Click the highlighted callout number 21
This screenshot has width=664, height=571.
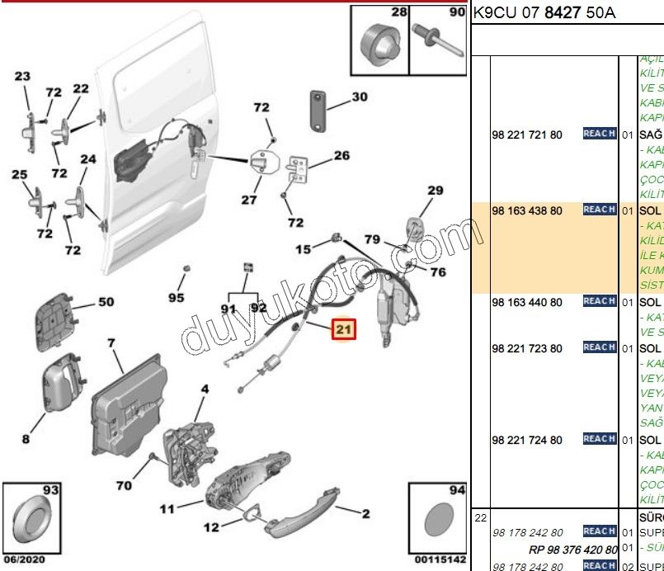pyautogui.click(x=343, y=330)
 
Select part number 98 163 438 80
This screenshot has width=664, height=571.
pyautogui.click(x=527, y=210)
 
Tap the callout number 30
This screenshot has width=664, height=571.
pyautogui.click(x=360, y=97)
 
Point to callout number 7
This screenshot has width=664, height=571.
pyautogui.click(x=111, y=342)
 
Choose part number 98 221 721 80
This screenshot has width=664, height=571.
pyautogui.click(x=527, y=134)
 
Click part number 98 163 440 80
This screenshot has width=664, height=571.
pyautogui.click(x=527, y=302)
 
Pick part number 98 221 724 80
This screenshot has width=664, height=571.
pyautogui.click(x=527, y=440)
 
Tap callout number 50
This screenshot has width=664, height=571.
pyautogui.click(x=106, y=302)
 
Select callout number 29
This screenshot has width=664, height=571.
pyautogui.click(x=436, y=191)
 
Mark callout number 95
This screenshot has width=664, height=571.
pyautogui.click(x=176, y=297)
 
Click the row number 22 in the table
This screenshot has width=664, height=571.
pyautogui.click(x=480, y=517)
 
